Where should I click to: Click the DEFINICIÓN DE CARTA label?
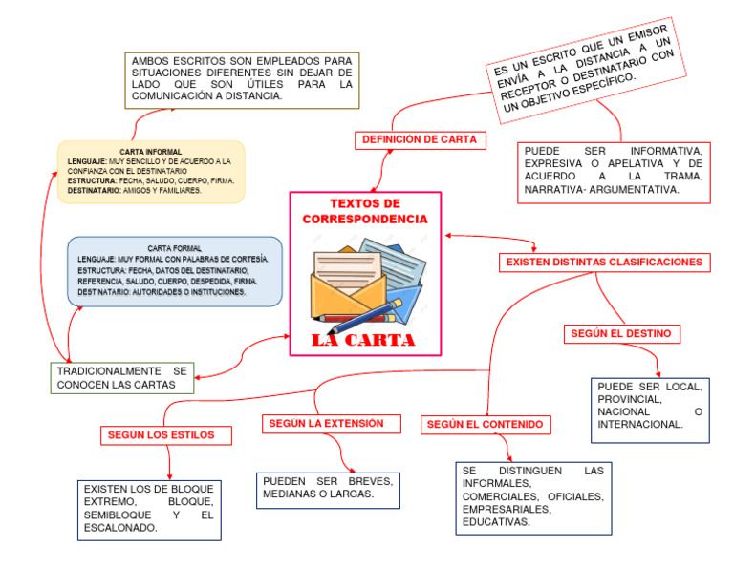point(419,139)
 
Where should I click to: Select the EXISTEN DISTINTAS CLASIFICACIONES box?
point(604,262)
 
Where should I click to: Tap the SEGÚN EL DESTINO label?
point(622,333)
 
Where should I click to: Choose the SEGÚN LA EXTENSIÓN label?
point(326,423)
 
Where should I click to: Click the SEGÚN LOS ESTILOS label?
point(167,435)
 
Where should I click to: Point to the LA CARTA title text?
point(364,340)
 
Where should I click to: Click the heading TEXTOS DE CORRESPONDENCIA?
point(365,212)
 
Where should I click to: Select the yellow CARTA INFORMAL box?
point(151,172)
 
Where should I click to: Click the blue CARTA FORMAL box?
point(175,271)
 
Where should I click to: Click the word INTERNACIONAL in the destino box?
point(640,425)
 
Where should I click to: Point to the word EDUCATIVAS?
point(495,522)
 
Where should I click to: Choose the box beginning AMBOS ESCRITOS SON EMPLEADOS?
point(242,78)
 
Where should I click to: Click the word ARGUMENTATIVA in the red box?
point(631,191)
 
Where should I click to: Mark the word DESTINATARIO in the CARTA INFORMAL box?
point(96,190)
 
